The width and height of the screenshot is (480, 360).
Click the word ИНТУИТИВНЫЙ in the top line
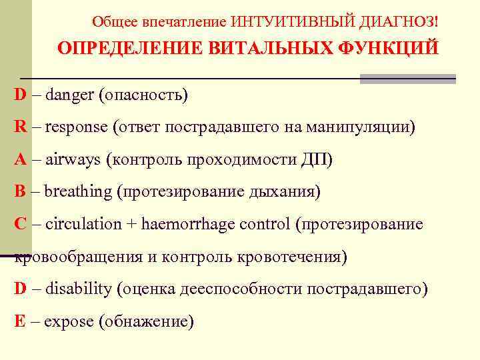[285, 22]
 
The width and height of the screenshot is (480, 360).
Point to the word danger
[69, 95]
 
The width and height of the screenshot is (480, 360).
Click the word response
[77, 127]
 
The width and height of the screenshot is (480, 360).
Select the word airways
[73, 160]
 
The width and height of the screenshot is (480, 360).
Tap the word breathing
[79, 192]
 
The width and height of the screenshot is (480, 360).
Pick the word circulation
[84, 224]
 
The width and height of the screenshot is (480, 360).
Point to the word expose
[69, 321]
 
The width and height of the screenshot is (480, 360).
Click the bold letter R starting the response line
[21, 127]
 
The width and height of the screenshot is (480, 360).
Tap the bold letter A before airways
[21, 159]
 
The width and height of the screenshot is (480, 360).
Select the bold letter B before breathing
[21, 192]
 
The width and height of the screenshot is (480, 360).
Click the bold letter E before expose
[21, 321]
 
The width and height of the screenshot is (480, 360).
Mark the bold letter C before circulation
[21, 224]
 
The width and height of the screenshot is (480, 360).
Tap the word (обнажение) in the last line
[146, 322]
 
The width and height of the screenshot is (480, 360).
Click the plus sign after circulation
[131, 225]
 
